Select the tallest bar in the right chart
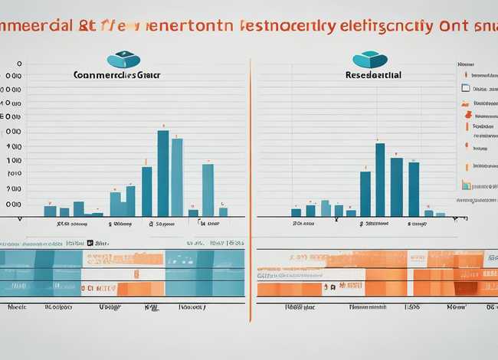point(380,179)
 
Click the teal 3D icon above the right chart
point(370,60)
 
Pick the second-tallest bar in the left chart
point(177,177)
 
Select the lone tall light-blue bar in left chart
point(208,190)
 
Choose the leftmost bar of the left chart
point(50,211)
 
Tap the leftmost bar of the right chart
point(296,212)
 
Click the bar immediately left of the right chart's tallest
point(365,194)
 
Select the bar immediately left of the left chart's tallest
point(146,191)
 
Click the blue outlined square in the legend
point(464,88)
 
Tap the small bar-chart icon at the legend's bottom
point(465,184)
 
